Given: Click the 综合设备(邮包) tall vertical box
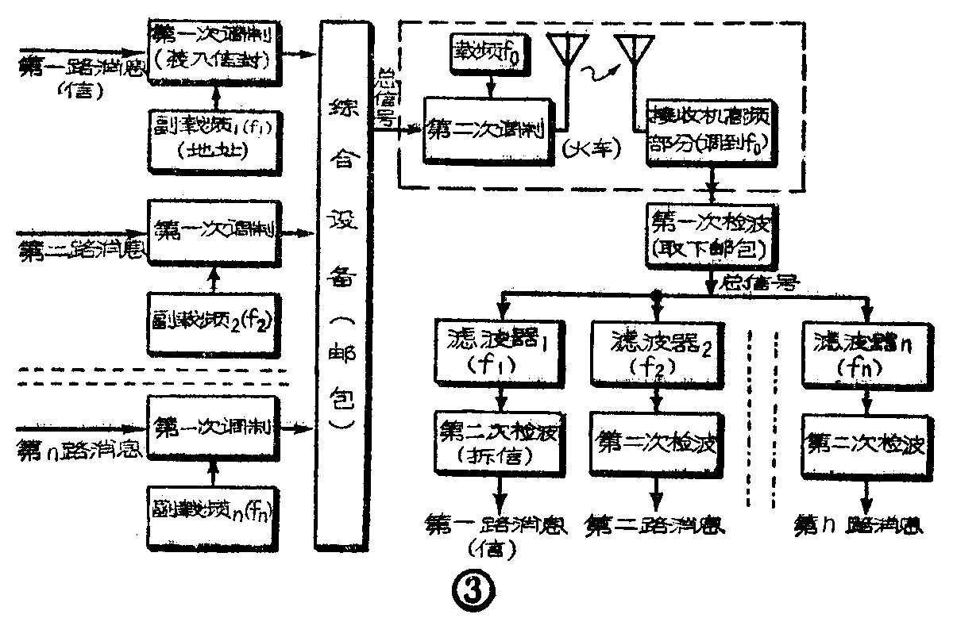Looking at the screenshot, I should (x=343, y=286).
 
